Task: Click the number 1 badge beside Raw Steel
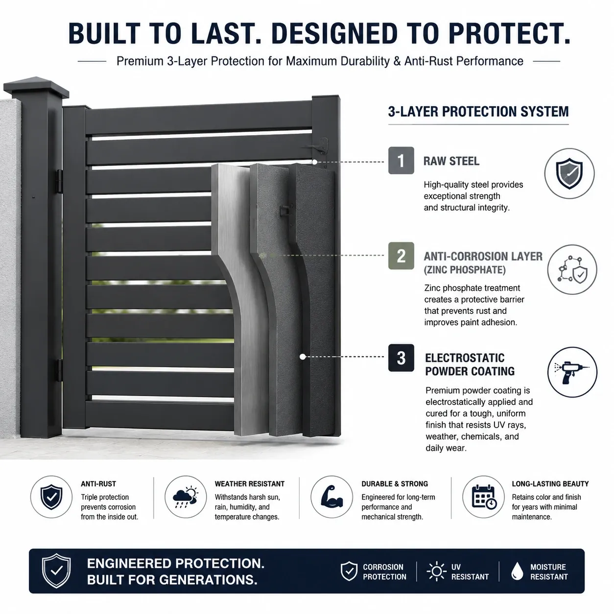click(401, 160)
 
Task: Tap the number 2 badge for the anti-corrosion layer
click(401, 256)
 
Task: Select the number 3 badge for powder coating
click(401, 357)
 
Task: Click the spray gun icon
click(571, 372)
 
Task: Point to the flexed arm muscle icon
click(331, 496)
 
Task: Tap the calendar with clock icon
click(484, 497)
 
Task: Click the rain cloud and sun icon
click(186, 497)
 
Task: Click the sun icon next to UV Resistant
click(436, 571)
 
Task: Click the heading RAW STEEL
click(451, 161)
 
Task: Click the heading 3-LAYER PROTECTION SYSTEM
click(478, 112)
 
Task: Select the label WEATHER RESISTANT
click(250, 484)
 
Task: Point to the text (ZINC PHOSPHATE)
click(465, 270)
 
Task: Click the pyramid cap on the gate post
click(36, 87)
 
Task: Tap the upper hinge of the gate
click(59, 181)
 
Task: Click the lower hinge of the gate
click(59, 370)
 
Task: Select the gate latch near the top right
click(320, 146)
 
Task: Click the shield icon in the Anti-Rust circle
click(51, 497)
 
